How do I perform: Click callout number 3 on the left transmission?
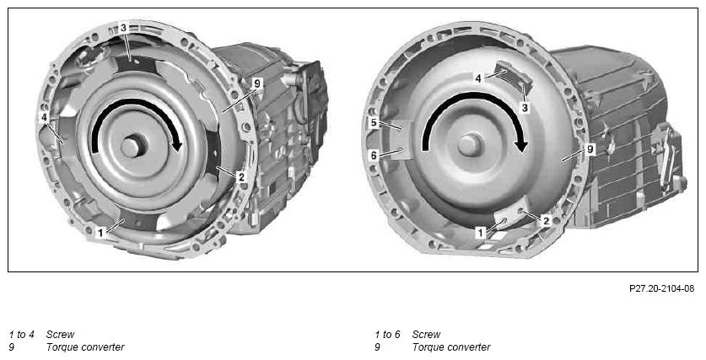coord(123,28)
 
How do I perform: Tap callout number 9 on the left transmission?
coord(257,83)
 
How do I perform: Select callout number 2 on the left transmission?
coord(241,177)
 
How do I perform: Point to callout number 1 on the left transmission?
coord(100,233)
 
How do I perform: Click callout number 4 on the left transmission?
coord(44,117)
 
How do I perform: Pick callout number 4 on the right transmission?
coord(478,78)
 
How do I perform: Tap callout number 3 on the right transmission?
coord(525,108)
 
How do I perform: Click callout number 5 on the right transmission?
coord(375,122)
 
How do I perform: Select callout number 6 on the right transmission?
coord(375,155)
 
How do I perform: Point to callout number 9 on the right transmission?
coord(590,149)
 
